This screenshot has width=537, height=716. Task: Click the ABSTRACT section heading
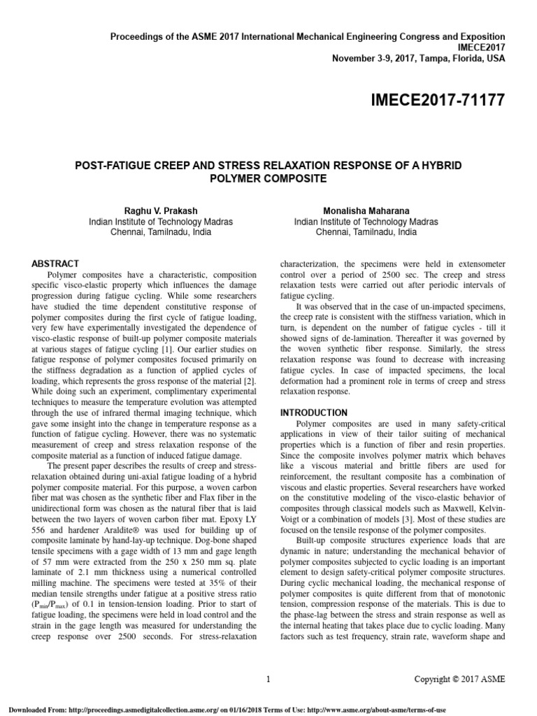coord(56,264)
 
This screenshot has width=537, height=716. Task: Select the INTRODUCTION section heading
coord(313,413)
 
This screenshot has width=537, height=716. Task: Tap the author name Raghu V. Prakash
coord(161,210)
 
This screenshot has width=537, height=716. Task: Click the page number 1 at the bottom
coord(268,679)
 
